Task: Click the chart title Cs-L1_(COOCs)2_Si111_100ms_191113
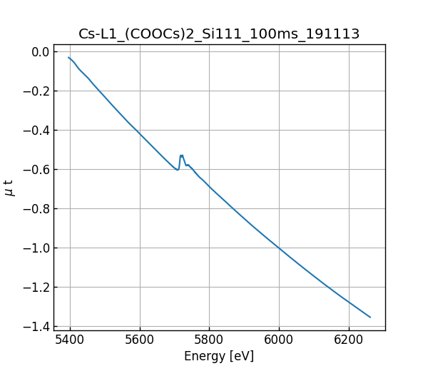click(x=219, y=34)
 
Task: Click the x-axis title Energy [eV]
click(x=219, y=356)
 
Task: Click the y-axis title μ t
click(x=9, y=188)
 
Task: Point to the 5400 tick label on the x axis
click(x=70, y=340)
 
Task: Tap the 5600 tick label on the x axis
click(x=140, y=340)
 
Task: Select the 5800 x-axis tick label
click(x=209, y=340)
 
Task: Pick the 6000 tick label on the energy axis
click(x=279, y=340)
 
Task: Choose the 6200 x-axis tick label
click(x=348, y=340)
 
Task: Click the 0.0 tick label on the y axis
click(x=40, y=52)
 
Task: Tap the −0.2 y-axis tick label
click(x=36, y=91)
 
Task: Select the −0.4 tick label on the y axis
click(x=36, y=131)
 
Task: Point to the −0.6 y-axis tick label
click(x=36, y=170)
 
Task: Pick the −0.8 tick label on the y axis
click(x=36, y=209)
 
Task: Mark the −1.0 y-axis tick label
click(x=36, y=248)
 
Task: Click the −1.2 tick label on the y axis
click(x=36, y=288)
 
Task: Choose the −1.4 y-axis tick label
click(x=36, y=327)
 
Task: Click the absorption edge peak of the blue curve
click(x=181, y=155)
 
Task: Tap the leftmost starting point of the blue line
click(x=68, y=57)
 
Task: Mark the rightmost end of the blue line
click(x=370, y=317)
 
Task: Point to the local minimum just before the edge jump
click(x=178, y=170)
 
